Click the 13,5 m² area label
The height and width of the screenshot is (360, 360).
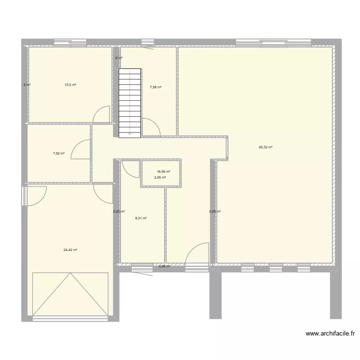(71, 85)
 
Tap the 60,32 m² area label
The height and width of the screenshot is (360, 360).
(265, 147)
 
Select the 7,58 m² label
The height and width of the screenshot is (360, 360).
(156, 87)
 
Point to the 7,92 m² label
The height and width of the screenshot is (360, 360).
(59, 154)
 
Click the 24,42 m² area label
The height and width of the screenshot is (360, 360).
(70, 250)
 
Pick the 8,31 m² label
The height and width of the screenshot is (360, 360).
(141, 218)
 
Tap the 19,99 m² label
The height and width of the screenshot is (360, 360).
(163, 172)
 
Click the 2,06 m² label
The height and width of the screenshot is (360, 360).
(160, 178)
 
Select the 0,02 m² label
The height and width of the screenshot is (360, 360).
(119, 212)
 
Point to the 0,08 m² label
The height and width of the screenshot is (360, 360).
(164, 266)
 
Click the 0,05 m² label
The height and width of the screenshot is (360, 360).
(215, 212)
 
